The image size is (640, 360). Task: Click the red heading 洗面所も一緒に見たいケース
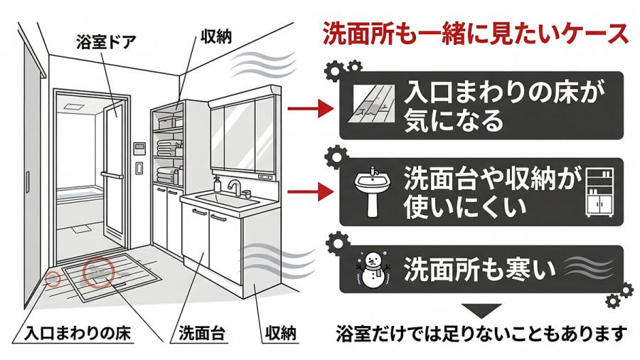(475, 32)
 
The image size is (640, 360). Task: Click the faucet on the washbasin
(234, 187)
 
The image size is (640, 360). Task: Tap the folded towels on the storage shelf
(168, 148)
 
